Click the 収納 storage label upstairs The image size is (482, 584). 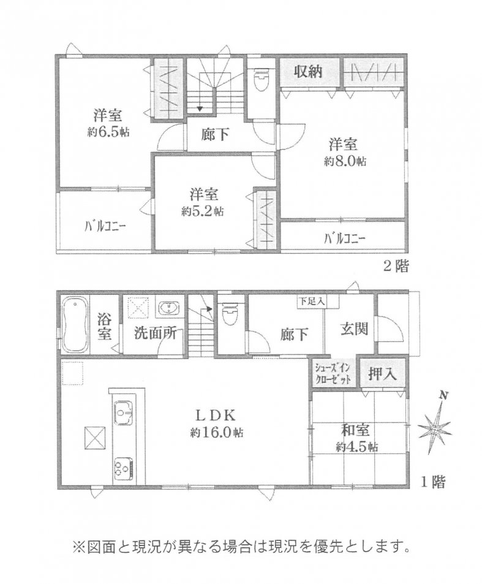308,72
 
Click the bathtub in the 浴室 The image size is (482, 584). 75,325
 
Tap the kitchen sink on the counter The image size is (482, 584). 124,412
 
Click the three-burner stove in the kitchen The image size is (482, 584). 124,466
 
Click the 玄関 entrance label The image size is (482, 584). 355,328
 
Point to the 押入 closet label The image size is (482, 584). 382,374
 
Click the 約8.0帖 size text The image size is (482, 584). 345,162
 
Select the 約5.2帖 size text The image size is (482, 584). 203,212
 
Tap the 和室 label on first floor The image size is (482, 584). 356,431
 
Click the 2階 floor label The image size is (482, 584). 396,266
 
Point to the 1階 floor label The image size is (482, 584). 433,482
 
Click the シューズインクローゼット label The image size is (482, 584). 333,374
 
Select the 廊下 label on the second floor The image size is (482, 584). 215,134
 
